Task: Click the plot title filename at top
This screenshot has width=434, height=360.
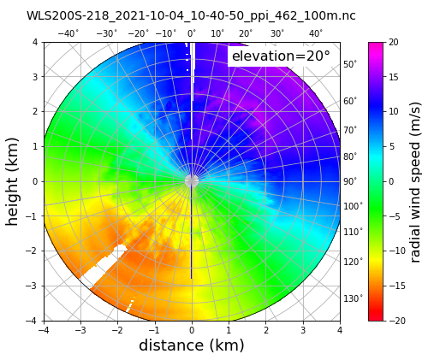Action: click(x=191, y=15)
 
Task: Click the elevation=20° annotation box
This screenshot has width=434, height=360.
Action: click(x=281, y=56)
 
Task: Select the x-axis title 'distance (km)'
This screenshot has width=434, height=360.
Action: click(x=191, y=345)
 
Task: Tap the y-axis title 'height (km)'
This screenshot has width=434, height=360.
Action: click(x=14, y=180)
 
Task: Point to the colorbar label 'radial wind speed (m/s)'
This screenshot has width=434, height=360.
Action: click(x=416, y=180)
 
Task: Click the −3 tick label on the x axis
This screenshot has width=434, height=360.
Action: click(x=79, y=329)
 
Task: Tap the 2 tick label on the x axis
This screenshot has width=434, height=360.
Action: click(x=265, y=329)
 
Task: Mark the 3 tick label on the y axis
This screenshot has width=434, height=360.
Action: click(x=35, y=76)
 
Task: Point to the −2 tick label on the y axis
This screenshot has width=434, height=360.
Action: click(x=33, y=251)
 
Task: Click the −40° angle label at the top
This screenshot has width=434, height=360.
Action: click(x=68, y=33)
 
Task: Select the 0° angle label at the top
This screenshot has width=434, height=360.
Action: click(x=192, y=33)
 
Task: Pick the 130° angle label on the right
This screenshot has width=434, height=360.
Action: click(x=353, y=298)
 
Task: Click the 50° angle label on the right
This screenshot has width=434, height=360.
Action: click(x=350, y=64)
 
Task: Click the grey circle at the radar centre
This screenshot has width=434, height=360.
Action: click(x=191, y=180)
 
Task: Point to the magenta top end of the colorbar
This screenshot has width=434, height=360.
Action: click(x=375, y=46)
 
